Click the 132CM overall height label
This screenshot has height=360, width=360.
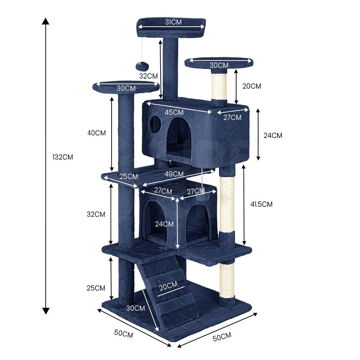(x=63, y=157)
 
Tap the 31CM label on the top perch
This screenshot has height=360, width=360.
(x=174, y=22)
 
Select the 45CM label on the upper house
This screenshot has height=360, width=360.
(x=174, y=112)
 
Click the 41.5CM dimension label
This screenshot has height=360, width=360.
(x=261, y=204)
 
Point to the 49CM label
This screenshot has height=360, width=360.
(x=174, y=174)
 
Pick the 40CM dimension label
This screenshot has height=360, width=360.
(x=96, y=133)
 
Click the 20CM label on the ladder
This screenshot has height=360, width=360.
(x=168, y=286)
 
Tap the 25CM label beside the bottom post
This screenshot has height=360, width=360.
(x=96, y=288)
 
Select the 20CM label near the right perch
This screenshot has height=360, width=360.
(x=252, y=86)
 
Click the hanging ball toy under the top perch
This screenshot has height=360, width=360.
(x=142, y=66)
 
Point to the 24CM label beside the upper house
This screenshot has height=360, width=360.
(x=273, y=135)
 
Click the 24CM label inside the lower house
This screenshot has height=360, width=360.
(x=164, y=224)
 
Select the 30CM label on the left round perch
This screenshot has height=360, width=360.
(x=126, y=88)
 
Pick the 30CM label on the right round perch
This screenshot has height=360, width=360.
(x=219, y=65)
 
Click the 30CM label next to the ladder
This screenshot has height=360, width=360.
(x=135, y=308)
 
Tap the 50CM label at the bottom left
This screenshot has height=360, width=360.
(x=123, y=334)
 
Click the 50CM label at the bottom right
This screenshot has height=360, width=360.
(x=222, y=337)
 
